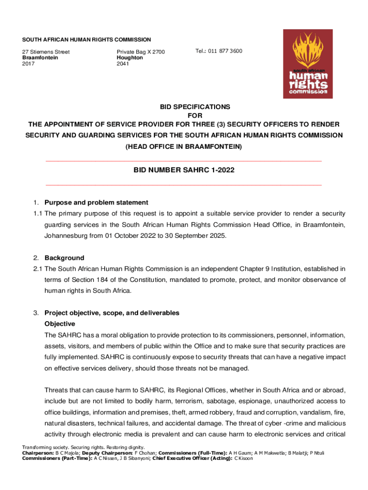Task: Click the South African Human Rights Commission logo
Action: coord(308,64)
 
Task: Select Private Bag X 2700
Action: coord(141,52)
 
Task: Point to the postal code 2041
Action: coord(123,63)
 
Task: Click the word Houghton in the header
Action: coord(130,57)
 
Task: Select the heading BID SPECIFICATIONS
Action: coord(184,107)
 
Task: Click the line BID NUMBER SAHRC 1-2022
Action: coord(184,170)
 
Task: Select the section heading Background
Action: coord(64,258)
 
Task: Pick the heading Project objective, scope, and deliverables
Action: coord(112,313)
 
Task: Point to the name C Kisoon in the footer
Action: coord(243,458)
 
